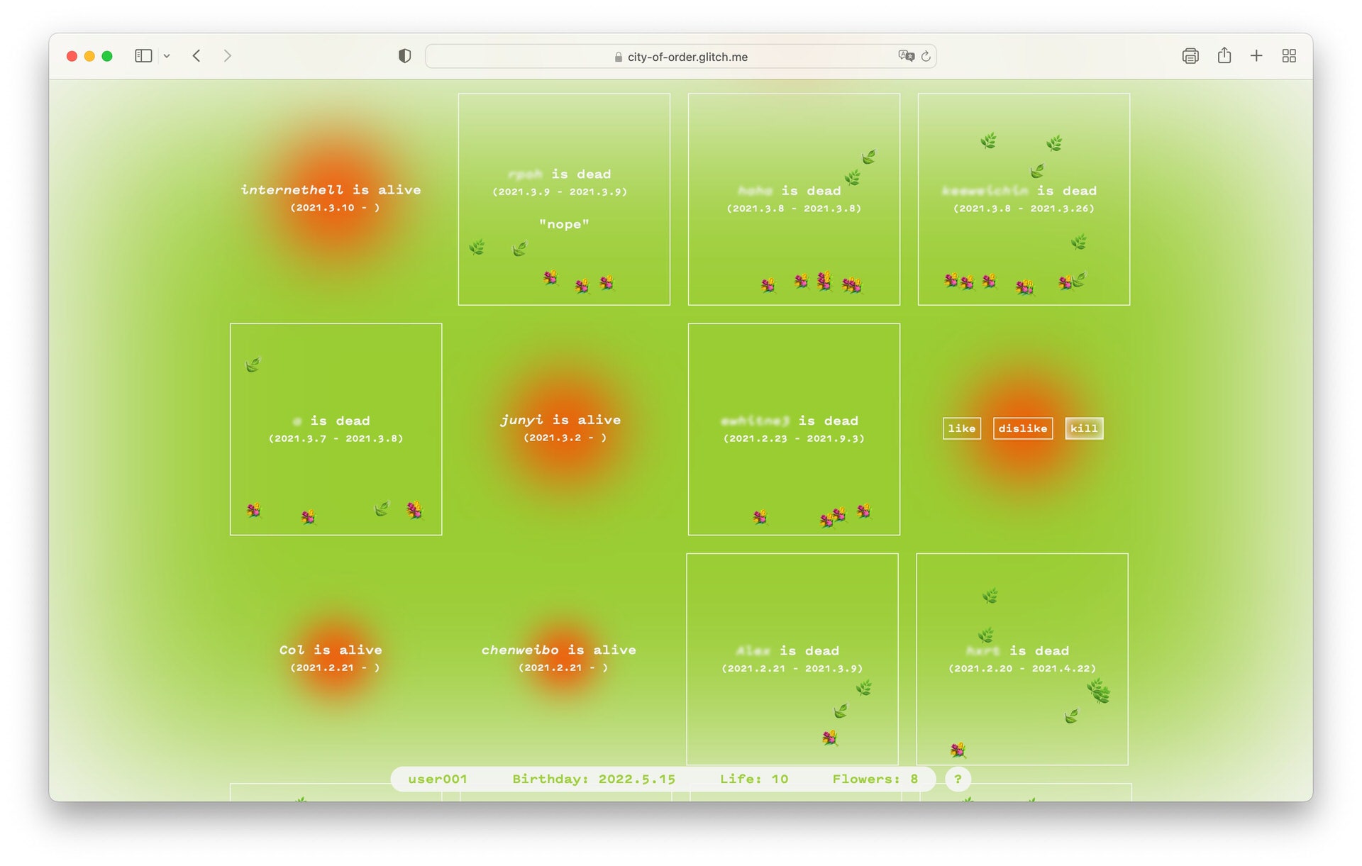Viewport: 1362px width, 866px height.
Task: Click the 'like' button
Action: pos(961,428)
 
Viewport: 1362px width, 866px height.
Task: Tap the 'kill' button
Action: pos(1083,428)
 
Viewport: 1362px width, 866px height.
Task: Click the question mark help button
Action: pos(958,779)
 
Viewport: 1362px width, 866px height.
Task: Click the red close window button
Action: pos(72,56)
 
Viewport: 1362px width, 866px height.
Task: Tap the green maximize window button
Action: pos(107,56)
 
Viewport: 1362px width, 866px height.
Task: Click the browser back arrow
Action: pos(196,56)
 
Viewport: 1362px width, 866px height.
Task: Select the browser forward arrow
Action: pos(227,56)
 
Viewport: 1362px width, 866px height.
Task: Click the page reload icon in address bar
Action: pos(926,56)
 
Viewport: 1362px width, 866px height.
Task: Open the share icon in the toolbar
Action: pos(1224,56)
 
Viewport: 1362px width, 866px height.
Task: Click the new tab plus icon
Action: pos(1256,56)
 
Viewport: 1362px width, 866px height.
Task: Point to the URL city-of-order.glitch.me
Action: pos(687,57)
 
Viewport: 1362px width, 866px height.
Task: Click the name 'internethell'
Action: pos(292,190)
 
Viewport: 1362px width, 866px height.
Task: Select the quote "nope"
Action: pos(564,224)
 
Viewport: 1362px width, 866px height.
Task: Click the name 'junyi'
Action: pos(521,420)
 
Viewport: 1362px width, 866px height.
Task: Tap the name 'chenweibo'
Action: pos(520,650)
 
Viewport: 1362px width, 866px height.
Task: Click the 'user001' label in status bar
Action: pos(438,779)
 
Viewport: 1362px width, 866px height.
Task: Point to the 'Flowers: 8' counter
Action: pos(875,779)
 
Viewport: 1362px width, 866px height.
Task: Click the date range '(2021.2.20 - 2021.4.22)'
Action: pos(1021,668)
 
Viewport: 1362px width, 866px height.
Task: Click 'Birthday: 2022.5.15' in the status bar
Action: pos(594,779)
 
